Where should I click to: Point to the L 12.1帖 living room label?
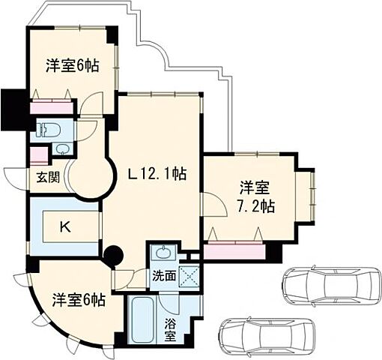(x=157, y=175)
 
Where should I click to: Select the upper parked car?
(x=330, y=285)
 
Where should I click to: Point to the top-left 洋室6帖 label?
(x=72, y=65)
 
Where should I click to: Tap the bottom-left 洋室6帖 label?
(x=79, y=300)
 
